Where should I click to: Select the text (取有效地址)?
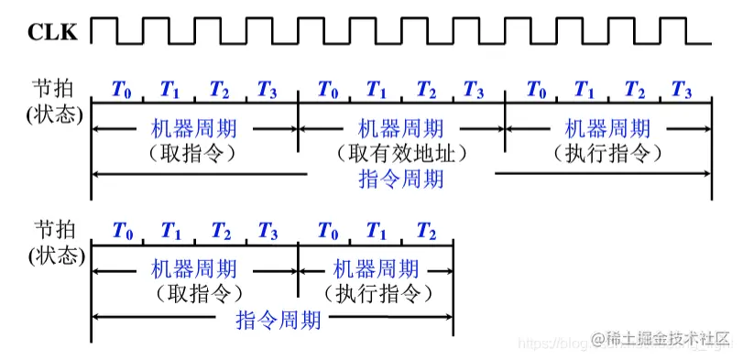coord(400,152)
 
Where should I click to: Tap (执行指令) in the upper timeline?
coord(607,152)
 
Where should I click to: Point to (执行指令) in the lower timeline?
coord(377,293)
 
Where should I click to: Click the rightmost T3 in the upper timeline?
coord(682,90)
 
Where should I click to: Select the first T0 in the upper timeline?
coord(121,90)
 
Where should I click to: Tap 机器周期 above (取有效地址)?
coord(400,128)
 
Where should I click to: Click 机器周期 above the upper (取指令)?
coord(193,128)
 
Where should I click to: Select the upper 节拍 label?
coord(54,88)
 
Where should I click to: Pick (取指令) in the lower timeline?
coord(193,293)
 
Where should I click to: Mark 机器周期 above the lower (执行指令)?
coord(376,269)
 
